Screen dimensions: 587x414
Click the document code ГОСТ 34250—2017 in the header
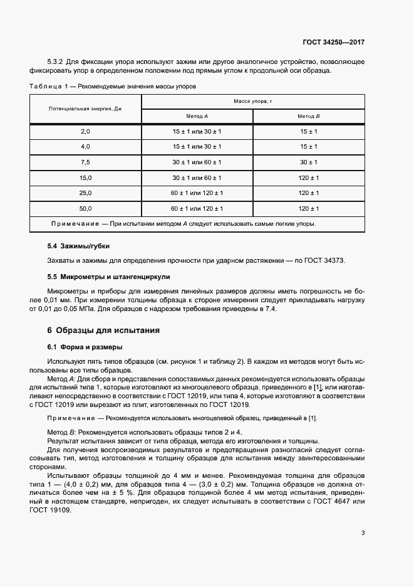coord(334,43)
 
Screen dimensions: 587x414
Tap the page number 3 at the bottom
coord(363,534)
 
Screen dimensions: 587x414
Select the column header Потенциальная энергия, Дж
coord(85,109)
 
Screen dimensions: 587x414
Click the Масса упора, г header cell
coord(253,101)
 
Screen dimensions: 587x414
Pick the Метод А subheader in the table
coord(197,117)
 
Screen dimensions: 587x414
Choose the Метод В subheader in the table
coord(309,117)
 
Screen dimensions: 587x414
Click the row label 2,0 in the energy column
coord(86,131)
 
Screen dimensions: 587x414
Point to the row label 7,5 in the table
coord(86,162)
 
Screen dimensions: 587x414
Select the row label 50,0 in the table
coord(86,208)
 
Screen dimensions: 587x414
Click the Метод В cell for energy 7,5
coord(309,162)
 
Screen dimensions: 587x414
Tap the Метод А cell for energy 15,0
coord(197,177)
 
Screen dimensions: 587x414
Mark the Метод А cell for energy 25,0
coord(197,193)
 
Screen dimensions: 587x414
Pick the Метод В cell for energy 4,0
coord(309,146)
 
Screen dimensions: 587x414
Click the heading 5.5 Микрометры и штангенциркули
coord(108,276)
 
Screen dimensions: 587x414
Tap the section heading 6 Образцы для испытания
coord(103,330)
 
